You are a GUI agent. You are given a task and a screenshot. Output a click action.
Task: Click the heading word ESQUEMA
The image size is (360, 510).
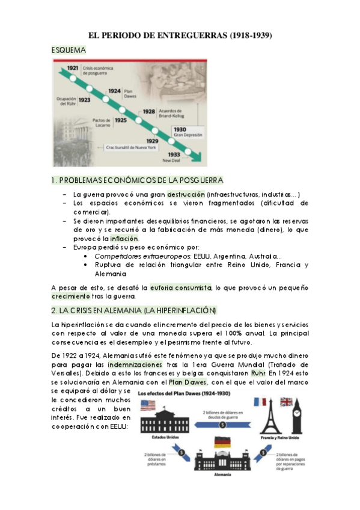point(69,53)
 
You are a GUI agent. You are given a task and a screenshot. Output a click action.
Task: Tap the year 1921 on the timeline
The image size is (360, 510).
point(73,68)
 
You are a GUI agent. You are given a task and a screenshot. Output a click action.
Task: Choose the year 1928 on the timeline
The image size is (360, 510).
point(149,112)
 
